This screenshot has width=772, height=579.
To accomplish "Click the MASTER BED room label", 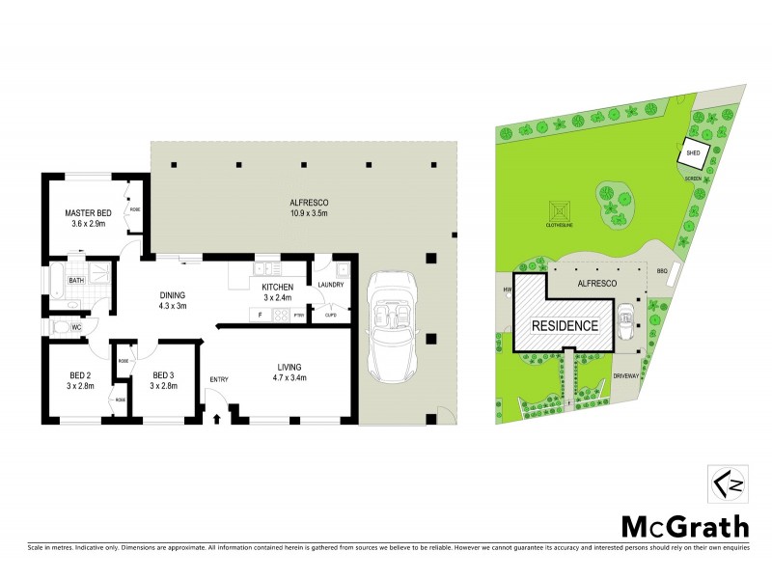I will [x=88, y=212].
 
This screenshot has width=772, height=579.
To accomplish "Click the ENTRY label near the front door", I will [x=218, y=379].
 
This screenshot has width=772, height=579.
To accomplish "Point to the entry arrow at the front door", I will [x=217, y=418].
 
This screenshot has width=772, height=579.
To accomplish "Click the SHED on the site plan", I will [x=693, y=152].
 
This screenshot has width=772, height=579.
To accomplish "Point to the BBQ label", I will [x=662, y=271].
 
